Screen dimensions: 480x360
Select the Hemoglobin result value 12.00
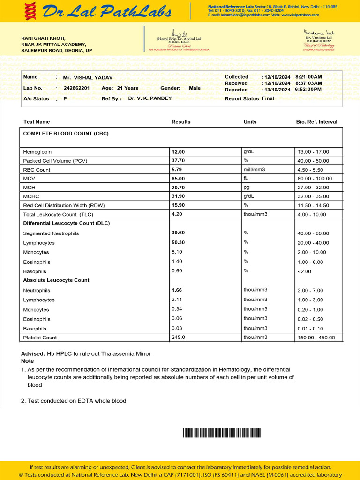tap(178, 152)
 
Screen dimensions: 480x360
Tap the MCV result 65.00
tap(178, 179)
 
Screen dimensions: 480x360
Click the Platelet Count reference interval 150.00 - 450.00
tap(316, 338)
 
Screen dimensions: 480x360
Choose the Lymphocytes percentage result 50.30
tap(178, 243)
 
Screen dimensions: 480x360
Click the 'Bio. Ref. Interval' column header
tap(316, 122)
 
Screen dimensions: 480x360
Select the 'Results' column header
tap(181, 122)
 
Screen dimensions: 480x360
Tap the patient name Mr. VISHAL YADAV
tap(88, 78)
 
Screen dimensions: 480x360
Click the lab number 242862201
tap(76, 88)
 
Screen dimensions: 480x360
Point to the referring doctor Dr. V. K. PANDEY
tap(150, 98)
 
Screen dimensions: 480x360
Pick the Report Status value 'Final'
tap(268, 98)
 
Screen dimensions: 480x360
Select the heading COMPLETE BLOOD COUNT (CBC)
tap(66, 134)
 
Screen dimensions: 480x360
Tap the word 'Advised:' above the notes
tap(33, 353)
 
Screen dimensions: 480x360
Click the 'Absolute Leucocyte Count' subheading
tap(56, 280)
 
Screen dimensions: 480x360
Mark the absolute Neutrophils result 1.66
tap(177, 290)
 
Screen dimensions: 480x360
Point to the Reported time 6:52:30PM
tap(308, 90)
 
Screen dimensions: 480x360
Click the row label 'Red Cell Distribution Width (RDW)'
tap(65, 205)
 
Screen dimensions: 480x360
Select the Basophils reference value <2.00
tap(304, 271)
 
